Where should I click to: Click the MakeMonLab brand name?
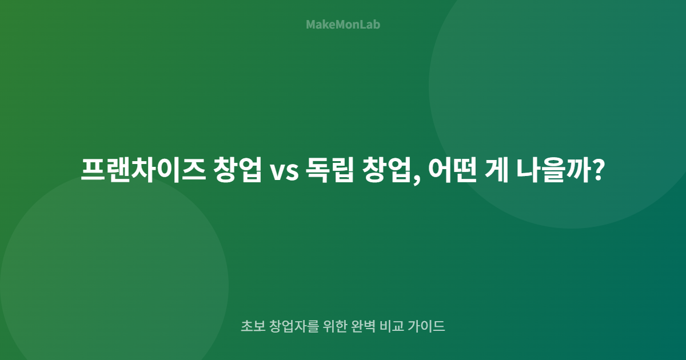tap(343, 25)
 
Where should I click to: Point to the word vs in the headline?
tap(284, 170)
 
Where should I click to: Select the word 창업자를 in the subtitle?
tap(291, 327)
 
